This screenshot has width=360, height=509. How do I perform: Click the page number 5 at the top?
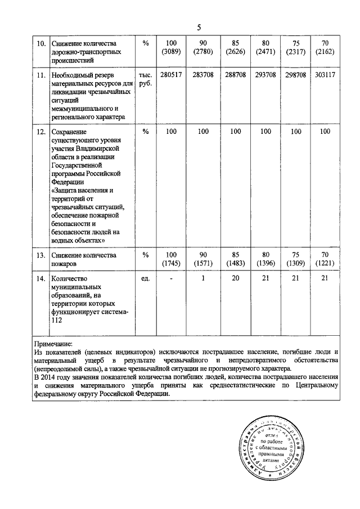(199, 26)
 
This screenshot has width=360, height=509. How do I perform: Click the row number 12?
(40, 132)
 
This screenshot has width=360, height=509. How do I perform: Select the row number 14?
(40, 278)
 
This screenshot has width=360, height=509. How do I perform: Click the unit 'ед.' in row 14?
(145, 278)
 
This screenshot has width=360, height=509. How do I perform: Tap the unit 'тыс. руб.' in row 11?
(145, 79)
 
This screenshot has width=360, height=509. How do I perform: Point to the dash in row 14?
(172, 278)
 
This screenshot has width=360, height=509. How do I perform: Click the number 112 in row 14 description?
(57, 321)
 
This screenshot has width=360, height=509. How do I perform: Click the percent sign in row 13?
(145, 255)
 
